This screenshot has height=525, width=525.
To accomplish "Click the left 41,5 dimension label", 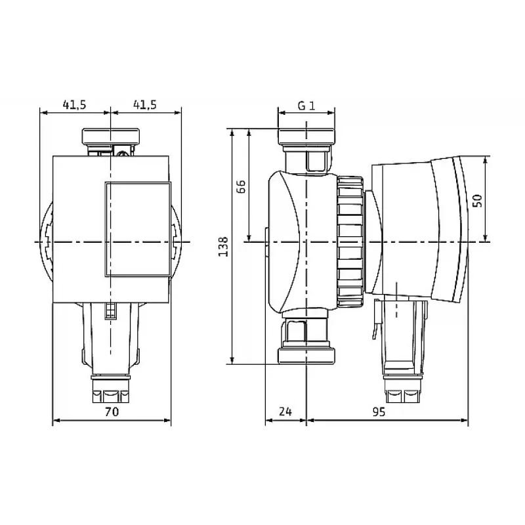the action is pyautogui.click(x=74, y=105).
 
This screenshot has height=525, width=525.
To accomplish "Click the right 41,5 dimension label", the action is pyautogui.click(x=144, y=105).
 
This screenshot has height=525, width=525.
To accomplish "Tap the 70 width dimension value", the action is pyautogui.click(x=112, y=411).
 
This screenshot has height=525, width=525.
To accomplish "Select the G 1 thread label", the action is pyautogui.click(x=306, y=106).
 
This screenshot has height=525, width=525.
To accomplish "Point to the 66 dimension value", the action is pyautogui.click(x=241, y=186).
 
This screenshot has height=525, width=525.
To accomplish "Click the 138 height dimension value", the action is pyautogui.click(x=223, y=247).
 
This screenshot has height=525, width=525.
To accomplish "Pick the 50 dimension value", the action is pyautogui.click(x=478, y=201).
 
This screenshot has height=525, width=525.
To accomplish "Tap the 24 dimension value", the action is pyautogui.click(x=285, y=411).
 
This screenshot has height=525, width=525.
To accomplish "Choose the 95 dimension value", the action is pyautogui.click(x=379, y=412).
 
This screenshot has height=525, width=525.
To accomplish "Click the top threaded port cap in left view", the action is pyautogui.click(x=110, y=136).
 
